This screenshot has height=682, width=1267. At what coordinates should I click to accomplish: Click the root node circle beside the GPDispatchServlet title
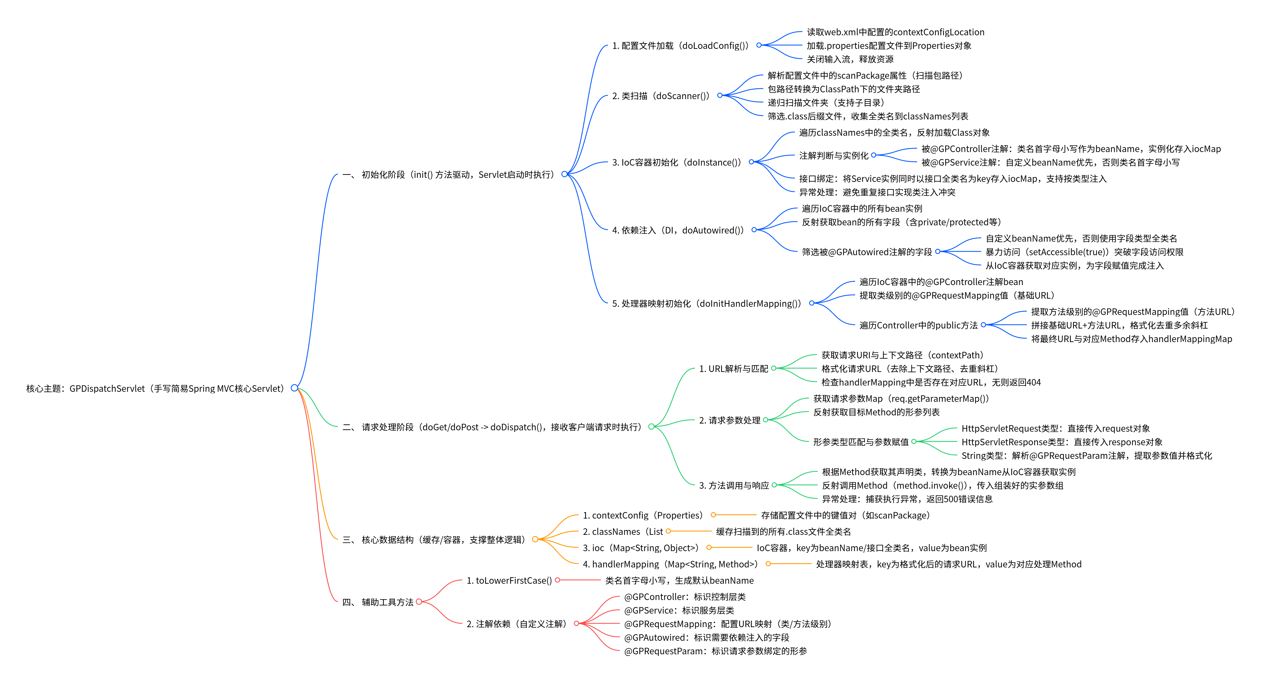click(294, 388)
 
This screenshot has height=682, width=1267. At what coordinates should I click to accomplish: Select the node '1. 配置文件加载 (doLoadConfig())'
click(680, 46)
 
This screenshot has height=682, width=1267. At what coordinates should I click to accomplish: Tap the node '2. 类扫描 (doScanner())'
click(661, 96)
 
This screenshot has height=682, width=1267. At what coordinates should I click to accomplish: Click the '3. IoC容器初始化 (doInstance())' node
click(676, 162)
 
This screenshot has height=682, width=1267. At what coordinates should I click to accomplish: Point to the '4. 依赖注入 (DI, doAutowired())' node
click(678, 230)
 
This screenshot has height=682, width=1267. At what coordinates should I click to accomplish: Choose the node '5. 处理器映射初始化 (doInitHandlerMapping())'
click(706, 303)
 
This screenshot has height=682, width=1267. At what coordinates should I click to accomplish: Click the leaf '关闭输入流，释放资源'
click(850, 59)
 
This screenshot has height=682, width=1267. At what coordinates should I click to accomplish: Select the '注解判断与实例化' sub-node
click(834, 155)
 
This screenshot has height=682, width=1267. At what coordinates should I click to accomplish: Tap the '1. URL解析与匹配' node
click(733, 369)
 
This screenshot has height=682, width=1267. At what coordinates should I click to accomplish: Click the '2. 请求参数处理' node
click(729, 420)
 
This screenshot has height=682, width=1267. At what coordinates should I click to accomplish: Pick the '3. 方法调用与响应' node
click(734, 485)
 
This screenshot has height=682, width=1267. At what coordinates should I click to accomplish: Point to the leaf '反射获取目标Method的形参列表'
click(876, 412)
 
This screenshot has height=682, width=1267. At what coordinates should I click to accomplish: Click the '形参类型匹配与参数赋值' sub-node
click(861, 442)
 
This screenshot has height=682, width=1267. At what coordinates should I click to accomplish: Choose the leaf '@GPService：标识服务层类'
click(679, 610)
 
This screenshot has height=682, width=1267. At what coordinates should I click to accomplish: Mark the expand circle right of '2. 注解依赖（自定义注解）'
click(576, 623)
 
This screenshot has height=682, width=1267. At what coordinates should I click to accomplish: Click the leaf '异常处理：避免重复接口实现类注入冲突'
click(877, 192)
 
